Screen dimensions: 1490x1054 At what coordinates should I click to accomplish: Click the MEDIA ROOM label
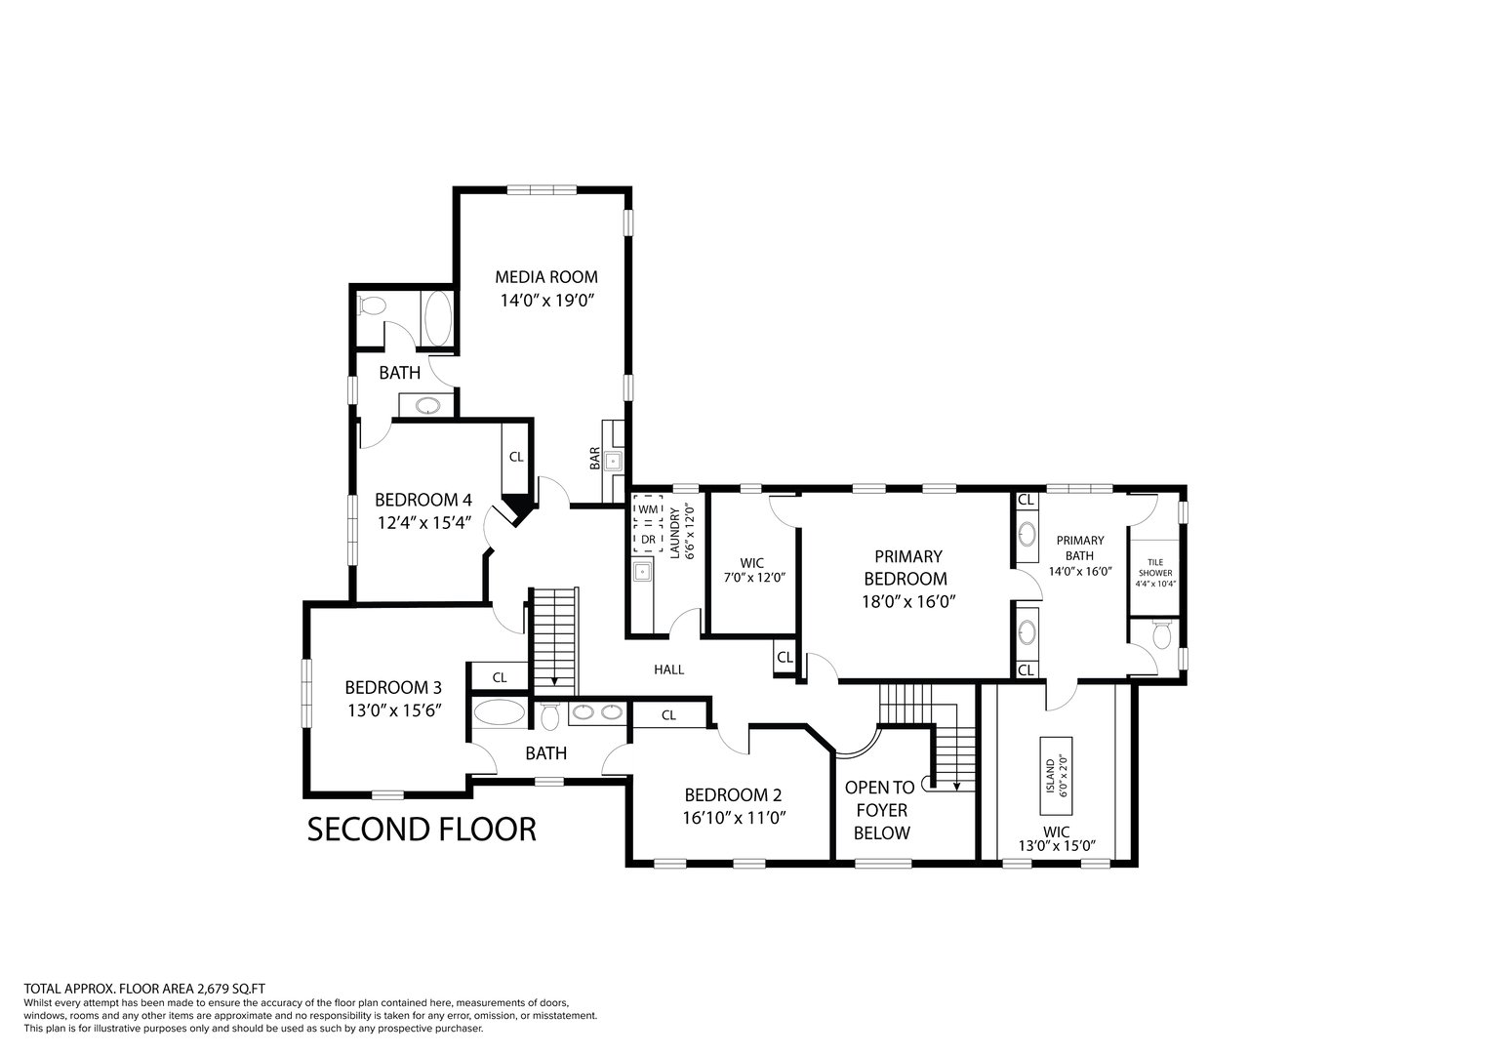(546, 277)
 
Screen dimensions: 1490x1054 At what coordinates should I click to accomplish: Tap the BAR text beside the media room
(594, 458)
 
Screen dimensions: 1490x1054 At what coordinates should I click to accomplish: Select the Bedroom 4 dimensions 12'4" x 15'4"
(424, 522)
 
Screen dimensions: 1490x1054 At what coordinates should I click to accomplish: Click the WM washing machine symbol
(648, 509)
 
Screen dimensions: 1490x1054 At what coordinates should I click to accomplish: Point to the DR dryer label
(648, 539)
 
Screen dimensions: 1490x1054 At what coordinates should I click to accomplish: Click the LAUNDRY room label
(674, 532)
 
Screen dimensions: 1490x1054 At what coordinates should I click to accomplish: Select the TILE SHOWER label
(1155, 567)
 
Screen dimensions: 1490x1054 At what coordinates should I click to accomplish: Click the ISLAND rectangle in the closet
(1057, 775)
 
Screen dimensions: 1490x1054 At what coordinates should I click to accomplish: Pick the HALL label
(668, 669)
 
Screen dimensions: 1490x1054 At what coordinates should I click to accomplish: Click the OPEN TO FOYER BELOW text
(880, 810)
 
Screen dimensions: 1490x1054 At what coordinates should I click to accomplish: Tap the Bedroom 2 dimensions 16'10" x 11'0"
(735, 817)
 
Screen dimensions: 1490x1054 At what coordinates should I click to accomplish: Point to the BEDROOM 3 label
(393, 687)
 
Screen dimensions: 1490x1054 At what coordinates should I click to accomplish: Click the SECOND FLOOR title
(422, 830)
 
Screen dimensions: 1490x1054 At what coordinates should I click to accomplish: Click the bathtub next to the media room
(437, 318)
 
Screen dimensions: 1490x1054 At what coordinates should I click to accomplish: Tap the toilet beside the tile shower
(1161, 634)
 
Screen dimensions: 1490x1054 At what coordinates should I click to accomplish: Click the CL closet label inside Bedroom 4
(516, 457)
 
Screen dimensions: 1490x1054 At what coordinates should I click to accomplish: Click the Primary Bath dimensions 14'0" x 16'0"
(1081, 571)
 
